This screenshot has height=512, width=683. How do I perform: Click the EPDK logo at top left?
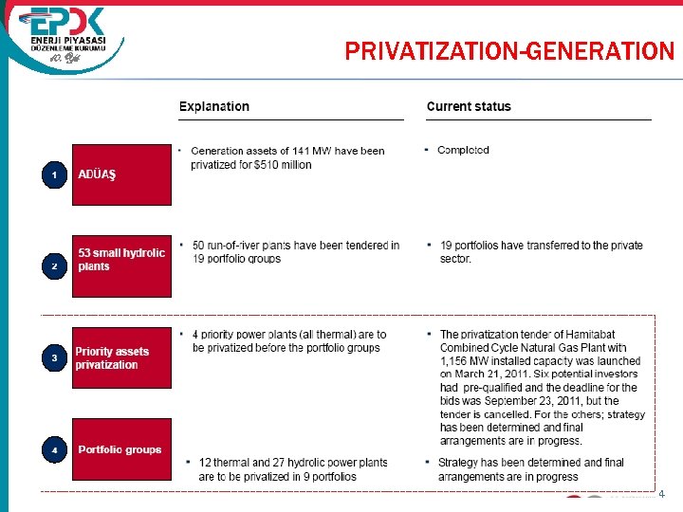click(x=66, y=38)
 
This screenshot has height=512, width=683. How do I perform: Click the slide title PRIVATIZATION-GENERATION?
click(x=509, y=51)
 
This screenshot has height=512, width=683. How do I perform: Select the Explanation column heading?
click(x=214, y=106)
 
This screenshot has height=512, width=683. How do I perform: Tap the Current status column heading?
click(x=469, y=106)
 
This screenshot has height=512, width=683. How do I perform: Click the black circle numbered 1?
click(x=55, y=175)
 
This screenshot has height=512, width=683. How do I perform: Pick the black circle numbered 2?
click(x=55, y=266)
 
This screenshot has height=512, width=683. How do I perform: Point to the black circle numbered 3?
click(x=55, y=358)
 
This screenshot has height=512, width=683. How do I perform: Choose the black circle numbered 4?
click(x=55, y=449)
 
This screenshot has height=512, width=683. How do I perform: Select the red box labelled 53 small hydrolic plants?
click(x=121, y=265)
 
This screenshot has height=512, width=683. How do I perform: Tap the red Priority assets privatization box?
click(x=121, y=358)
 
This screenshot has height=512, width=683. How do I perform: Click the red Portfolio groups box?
click(x=121, y=449)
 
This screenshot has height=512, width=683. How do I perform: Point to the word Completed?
click(x=463, y=150)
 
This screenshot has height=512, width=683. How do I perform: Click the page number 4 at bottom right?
click(x=662, y=494)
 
